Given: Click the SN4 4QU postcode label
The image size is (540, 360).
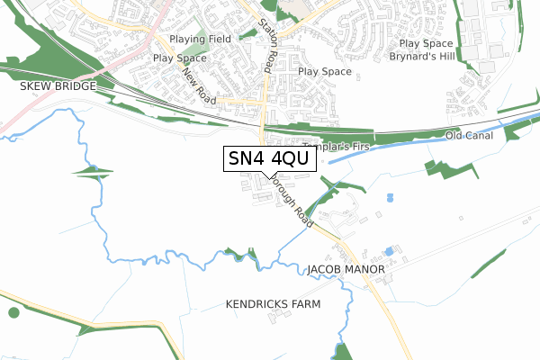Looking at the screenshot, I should pos(268,158).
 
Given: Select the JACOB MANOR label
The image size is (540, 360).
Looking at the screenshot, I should pos(346,269).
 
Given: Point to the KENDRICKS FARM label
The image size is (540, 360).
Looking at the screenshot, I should pos(273,305).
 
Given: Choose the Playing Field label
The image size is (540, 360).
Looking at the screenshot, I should pos(200,40).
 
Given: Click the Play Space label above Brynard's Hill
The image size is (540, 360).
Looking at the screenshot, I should pos(426,43).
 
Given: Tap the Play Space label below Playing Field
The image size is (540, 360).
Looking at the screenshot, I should pos(180,58).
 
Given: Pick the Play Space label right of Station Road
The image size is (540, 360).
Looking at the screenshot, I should pos(324,71).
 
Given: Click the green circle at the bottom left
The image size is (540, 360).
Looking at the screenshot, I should pos(13,312).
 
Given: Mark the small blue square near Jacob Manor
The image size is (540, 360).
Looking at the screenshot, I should pos(388,250).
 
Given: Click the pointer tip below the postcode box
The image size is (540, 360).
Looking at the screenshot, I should pos(262,176).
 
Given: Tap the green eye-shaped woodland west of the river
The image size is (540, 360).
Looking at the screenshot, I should pos(94,171).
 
